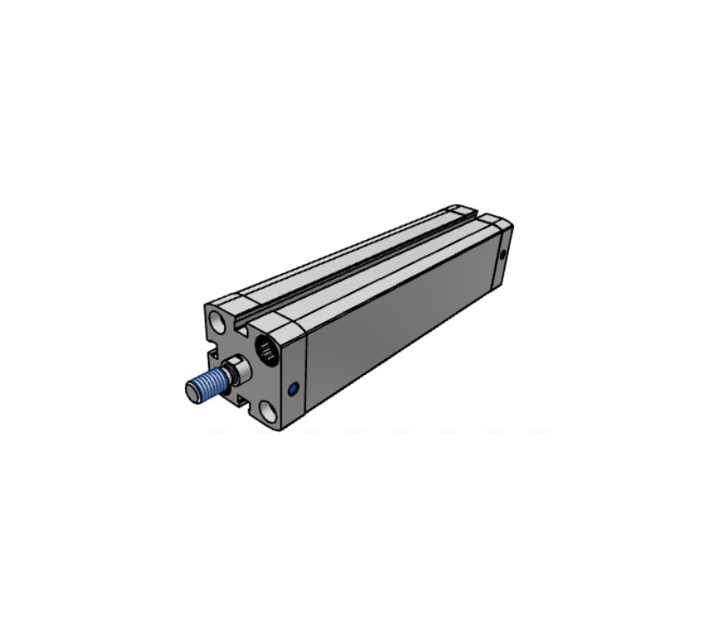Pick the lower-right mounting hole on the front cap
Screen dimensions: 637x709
pos(267,411)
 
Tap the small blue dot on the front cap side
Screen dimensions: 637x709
pos(293,387)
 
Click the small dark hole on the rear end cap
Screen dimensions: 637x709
pos(503,257)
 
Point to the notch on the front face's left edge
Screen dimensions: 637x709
pos(212,356)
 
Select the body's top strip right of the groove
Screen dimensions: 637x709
pos(388,269)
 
